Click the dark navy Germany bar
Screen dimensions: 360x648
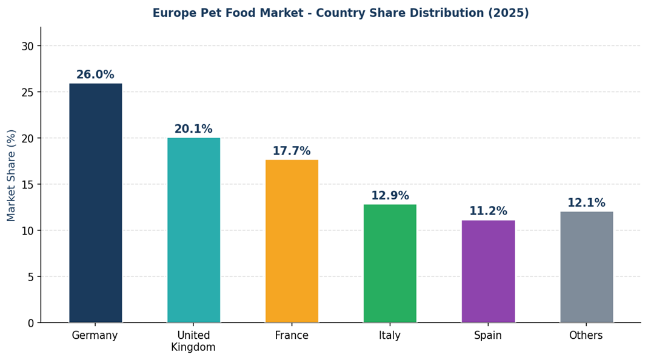[x=95, y=202]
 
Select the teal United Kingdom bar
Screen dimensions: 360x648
[x=193, y=230]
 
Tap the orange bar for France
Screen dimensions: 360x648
[x=292, y=241]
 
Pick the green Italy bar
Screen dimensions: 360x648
[x=390, y=263]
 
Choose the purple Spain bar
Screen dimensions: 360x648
[x=488, y=271]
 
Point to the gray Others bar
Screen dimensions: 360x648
[x=586, y=267]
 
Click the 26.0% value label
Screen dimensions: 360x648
[x=95, y=75]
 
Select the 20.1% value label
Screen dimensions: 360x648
[x=193, y=129]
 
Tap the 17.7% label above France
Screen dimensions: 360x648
[x=292, y=151]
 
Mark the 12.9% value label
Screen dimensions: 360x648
[x=390, y=196]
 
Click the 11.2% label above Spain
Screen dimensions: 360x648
[x=488, y=211]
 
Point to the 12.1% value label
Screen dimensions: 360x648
[x=586, y=203]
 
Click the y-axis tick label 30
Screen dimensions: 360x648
[x=28, y=46]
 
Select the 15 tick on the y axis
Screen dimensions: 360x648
[x=28, y=184]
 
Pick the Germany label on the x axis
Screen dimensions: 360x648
[x=95, y=336]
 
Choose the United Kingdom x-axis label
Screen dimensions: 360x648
[x=193, y=341]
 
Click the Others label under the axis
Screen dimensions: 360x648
[x=586, y=336]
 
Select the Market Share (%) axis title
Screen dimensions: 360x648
[x=12, y=175]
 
